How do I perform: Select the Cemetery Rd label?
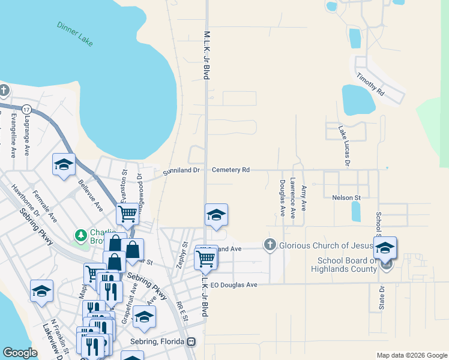coord(229,170)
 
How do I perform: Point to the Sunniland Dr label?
coord(181,171)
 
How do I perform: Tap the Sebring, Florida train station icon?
coord(191,342)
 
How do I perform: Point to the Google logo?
coord(20,353)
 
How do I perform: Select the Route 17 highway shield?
coord(26,110)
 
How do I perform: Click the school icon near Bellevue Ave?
coord(64,167)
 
